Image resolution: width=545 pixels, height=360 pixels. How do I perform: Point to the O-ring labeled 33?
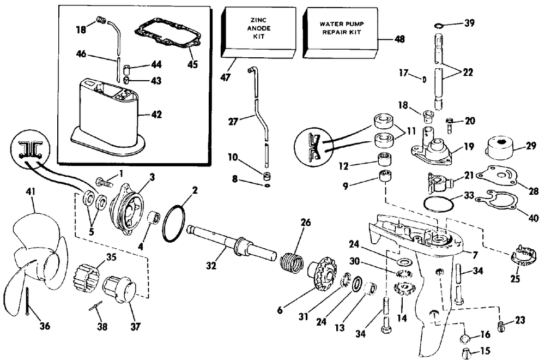pos(439,204)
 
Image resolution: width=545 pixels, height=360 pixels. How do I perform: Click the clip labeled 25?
pos(523,256)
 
